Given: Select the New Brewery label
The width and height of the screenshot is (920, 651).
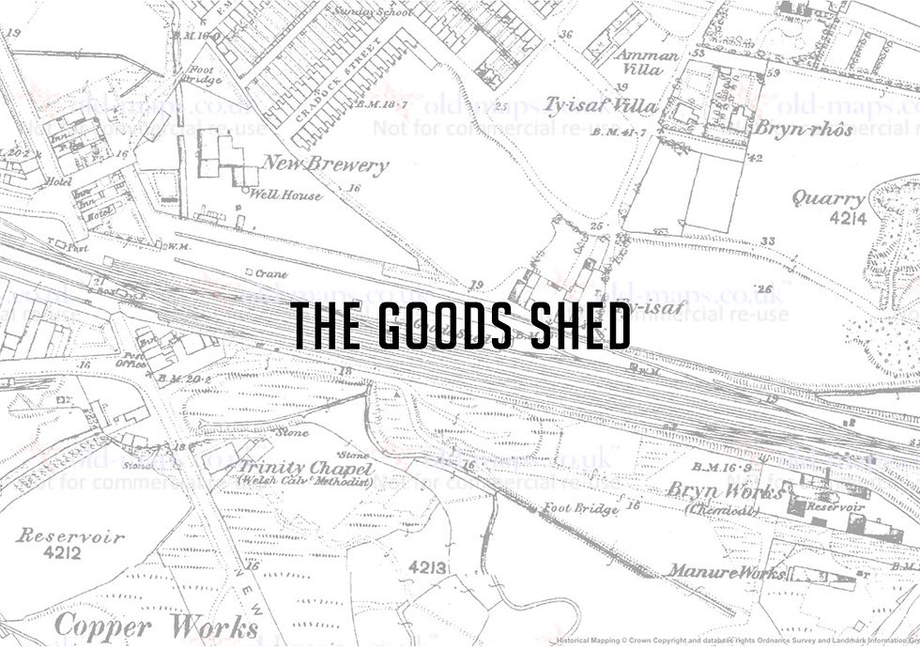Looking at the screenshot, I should [x=325, y=165].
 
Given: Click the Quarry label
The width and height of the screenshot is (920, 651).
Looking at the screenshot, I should [x=827, y=199].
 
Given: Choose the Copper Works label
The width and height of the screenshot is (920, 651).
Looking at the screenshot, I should [x=157, y=627].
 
